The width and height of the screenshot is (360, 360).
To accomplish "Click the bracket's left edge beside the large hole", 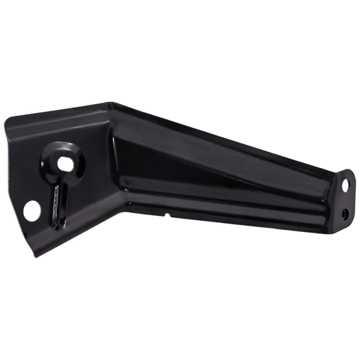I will (x=22, y=210).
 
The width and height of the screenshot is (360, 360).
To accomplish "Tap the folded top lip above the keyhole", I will (x=77, y=112).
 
